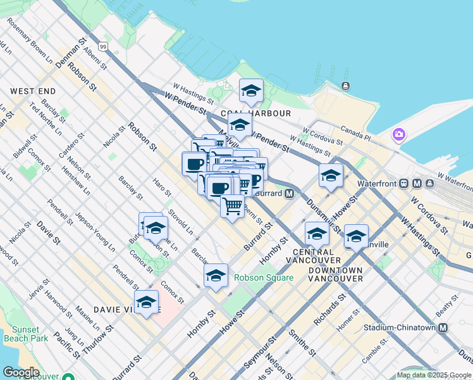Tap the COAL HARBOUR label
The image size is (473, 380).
[x=265, y=113]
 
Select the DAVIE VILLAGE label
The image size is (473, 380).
[x=120, y=310]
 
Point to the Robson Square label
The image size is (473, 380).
[x=264, y=277]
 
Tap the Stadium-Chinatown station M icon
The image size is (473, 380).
[x=443, y=328]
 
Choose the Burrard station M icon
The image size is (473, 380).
[x=289, y=193]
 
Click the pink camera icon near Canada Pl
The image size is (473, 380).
[x=398, y=134]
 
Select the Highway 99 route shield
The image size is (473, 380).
[x=103, y=46]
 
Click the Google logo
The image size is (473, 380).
[x=21, y=372]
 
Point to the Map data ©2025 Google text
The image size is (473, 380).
[x=434, y=376]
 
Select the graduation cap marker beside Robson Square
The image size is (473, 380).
[x=216, y=275]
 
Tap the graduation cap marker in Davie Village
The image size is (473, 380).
[x=146, y=301]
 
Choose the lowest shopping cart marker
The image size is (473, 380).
[x=233, y=205]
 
